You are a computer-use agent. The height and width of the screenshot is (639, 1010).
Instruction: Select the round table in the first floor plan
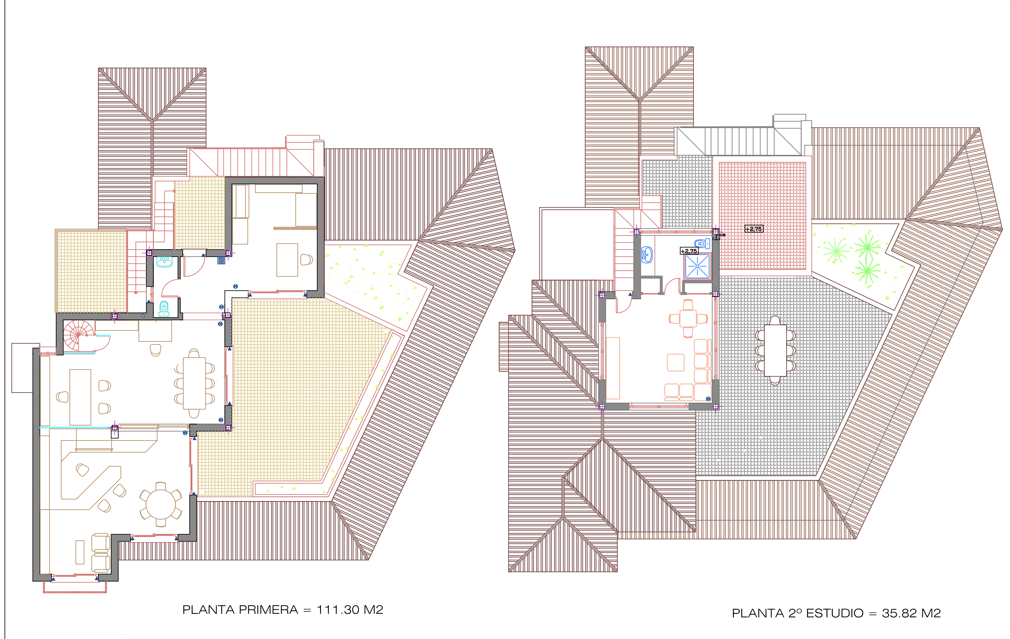[161, 504]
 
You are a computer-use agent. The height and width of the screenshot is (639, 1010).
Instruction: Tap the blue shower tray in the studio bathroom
[697, 266]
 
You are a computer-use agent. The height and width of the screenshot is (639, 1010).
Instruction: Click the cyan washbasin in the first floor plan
[164, 262]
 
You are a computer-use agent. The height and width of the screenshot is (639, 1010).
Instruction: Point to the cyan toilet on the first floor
[164, 308]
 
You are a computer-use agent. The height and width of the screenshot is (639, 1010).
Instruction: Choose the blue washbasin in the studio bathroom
[647, 255]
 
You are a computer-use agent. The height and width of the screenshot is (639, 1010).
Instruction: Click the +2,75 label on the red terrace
[754, 229]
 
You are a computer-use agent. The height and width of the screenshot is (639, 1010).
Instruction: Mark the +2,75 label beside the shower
[689, 251]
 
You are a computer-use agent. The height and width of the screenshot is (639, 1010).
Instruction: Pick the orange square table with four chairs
[688, 319]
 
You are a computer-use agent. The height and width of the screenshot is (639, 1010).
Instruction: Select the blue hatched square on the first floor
[221, 260]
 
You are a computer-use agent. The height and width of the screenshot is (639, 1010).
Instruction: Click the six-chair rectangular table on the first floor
[194, 383]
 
